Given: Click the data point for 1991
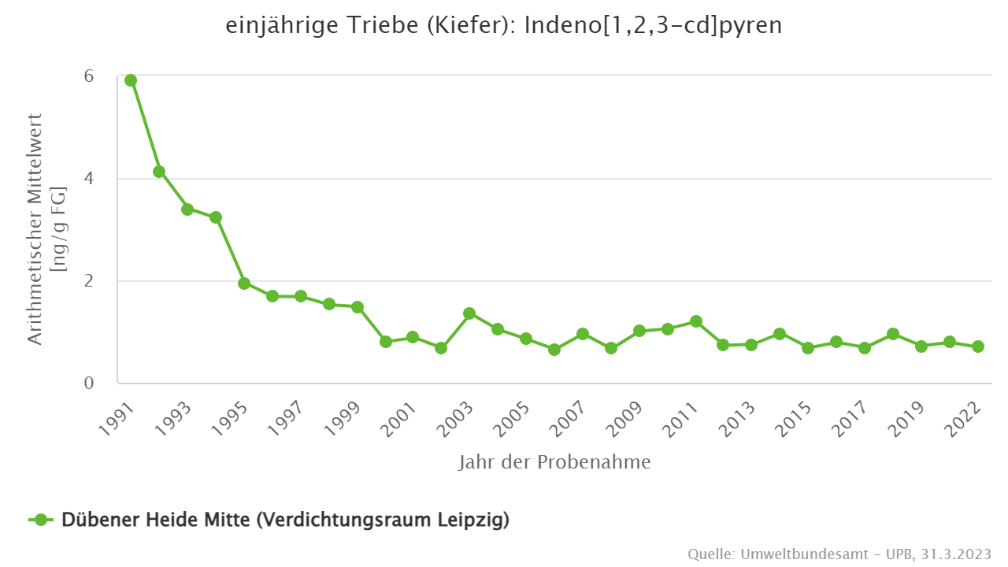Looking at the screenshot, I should [131, 80].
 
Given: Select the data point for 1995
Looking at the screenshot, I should [244, 283].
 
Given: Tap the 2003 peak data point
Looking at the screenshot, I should [469, 313].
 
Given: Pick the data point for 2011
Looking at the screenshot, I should [695, 321].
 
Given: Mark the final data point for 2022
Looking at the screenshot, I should [978, 346].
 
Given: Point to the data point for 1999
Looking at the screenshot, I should [358, 307].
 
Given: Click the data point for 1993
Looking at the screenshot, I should [187, 209].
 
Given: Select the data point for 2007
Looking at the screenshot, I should [583, 334].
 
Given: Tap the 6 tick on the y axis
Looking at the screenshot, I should [89, 76].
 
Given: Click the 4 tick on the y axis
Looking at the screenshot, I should [89, 179].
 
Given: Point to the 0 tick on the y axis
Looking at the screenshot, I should [89, 384].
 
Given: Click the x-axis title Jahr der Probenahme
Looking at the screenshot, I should [554, 462].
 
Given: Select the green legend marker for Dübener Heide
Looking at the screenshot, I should [42, 520].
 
